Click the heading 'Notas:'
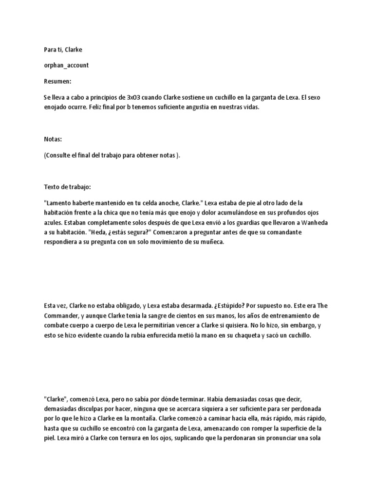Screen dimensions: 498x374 pos(53,140)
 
